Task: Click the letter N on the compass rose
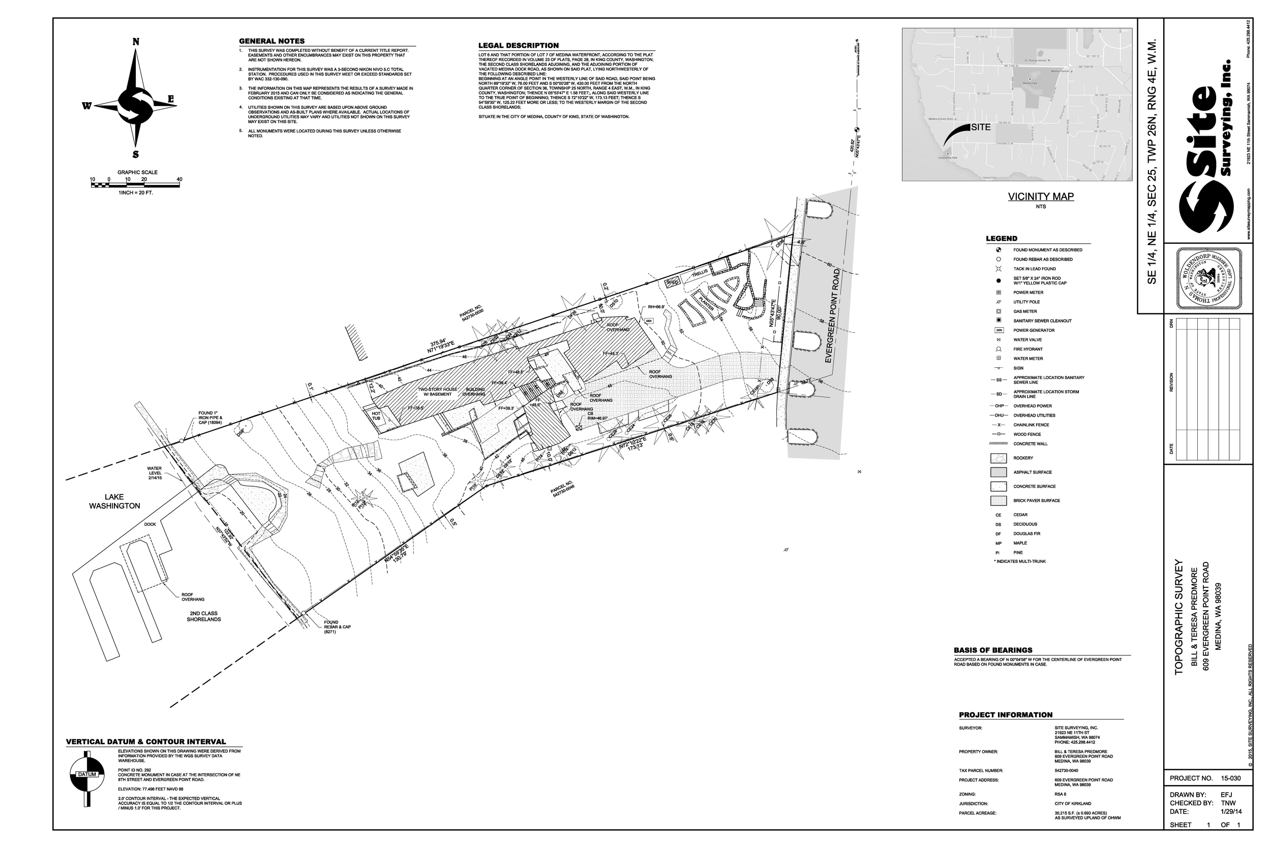136,42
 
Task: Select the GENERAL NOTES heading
272,41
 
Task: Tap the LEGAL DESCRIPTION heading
518,45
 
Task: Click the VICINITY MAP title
1041,197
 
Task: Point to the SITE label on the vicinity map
981,128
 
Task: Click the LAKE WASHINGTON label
114,501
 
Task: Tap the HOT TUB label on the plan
376,417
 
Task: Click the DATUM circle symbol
87,774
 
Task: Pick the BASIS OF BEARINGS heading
993,650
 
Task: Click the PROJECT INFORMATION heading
1006,715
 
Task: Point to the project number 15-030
1231,778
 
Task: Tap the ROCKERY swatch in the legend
998,458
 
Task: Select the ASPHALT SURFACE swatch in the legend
998,472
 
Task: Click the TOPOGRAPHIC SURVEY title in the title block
1179,617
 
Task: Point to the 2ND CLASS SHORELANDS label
204,616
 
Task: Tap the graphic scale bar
136,185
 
